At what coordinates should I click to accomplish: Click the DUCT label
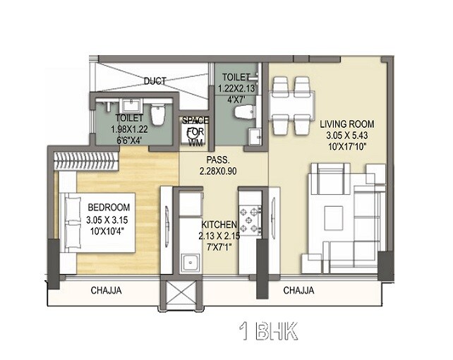pos(154,81)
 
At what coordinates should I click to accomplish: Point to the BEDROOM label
pos(109,208)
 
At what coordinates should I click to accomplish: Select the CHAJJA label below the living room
pos(298,290)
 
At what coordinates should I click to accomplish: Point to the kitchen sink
pos(188,264)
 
